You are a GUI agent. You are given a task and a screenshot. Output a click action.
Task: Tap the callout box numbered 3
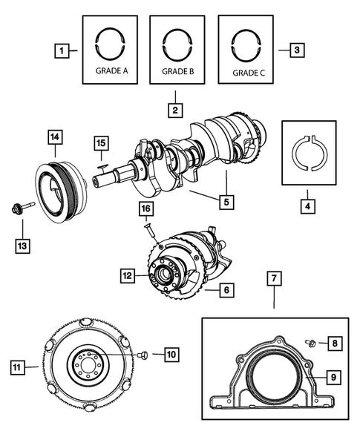tap(295, 50)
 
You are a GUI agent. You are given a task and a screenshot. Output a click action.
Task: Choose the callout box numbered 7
tap(273, 279)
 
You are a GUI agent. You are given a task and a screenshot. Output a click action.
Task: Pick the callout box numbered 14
tap(54, 137)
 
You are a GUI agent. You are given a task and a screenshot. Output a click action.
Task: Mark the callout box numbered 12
tap(128, 276)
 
